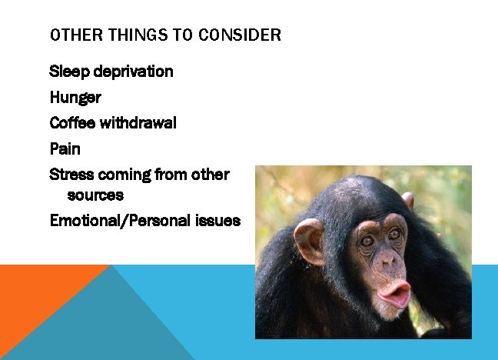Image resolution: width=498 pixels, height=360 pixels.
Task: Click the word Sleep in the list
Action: click(68, 72)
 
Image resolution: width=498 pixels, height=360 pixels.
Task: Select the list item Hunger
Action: click(75, 98)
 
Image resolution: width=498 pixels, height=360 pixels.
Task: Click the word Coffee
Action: click(71, 122)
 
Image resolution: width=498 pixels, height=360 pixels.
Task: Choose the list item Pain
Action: click(65, 148)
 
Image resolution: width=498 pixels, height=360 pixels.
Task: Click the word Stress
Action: click(71, 174)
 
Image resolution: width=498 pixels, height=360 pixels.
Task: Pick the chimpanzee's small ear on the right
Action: click(408, 201)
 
